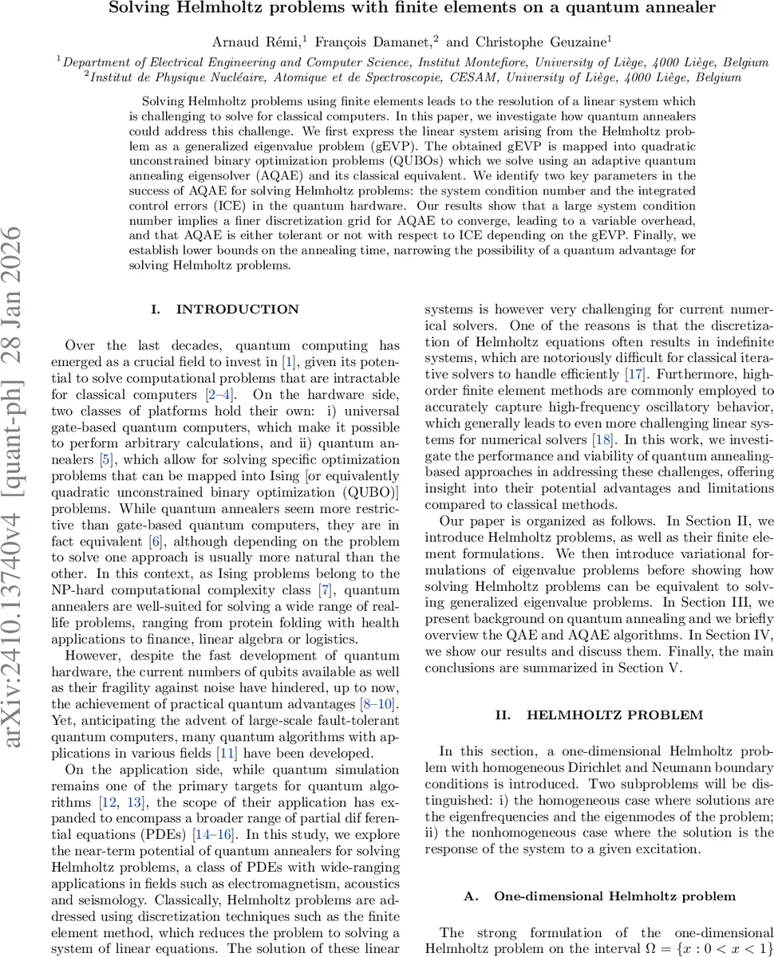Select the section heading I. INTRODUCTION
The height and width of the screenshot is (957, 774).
click(225, 309)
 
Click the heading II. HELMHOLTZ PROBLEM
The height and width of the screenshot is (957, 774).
click(598, 717)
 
